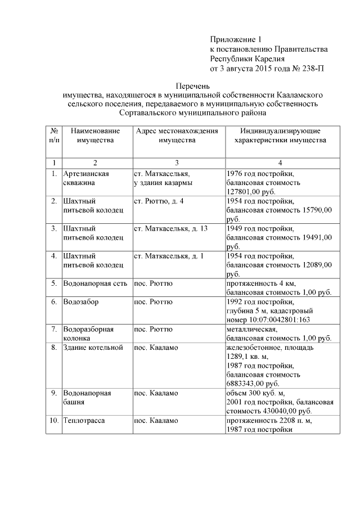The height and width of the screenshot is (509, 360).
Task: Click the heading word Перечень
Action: (x=192, y=87)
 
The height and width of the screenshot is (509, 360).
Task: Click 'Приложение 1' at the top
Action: (x=236, y=40)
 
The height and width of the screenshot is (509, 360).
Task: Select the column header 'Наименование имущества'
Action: (x=96, y=135)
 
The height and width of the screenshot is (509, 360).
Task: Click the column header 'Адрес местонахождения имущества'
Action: (x=177, y=135)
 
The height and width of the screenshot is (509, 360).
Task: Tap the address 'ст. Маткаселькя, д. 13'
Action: (x=170, y=228)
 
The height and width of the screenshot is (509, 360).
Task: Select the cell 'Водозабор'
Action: (x=81, y=301)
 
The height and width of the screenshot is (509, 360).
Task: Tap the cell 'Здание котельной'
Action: (x=93, y=348)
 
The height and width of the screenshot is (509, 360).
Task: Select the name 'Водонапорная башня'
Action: (x=87, y=398)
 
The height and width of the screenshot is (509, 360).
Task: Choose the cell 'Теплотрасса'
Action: (x=84, y=421)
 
